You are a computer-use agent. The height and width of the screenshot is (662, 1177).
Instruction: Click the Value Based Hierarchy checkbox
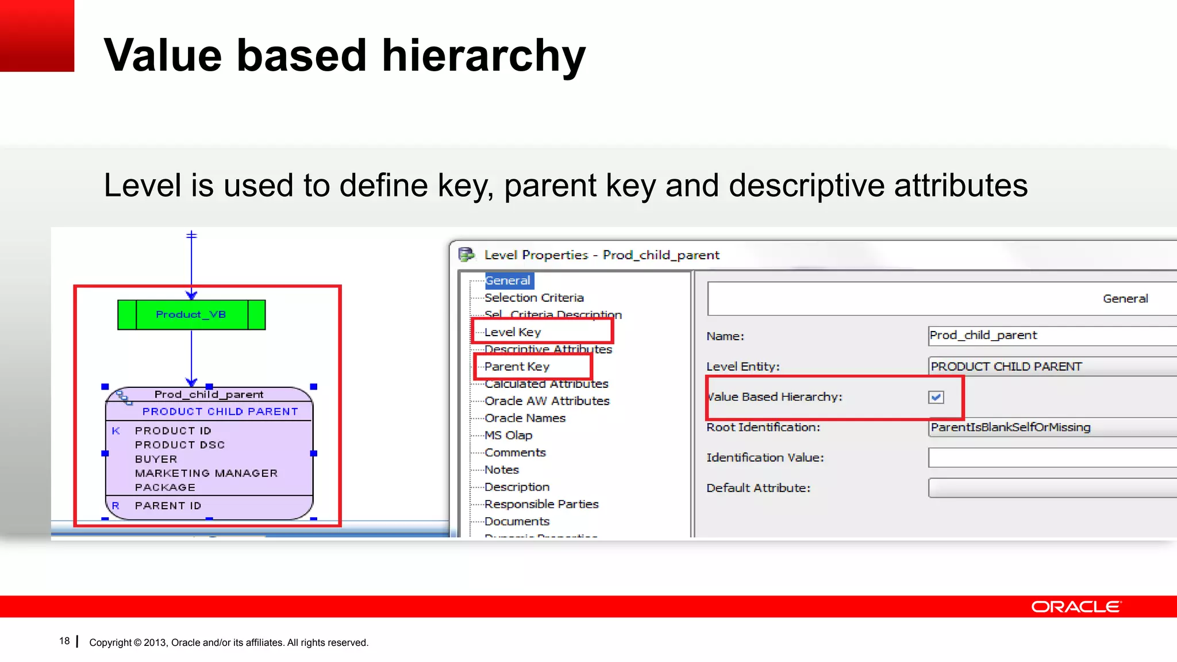936,397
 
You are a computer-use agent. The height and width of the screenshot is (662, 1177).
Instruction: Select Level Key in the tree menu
512,332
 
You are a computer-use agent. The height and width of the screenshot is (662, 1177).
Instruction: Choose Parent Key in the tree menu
517,367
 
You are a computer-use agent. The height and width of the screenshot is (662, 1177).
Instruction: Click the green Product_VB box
191,314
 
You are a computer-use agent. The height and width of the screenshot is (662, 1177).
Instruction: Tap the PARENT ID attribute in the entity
168,506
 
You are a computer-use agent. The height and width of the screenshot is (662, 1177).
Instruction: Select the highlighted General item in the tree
507,280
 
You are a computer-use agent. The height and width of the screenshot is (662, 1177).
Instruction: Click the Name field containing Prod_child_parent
1034,336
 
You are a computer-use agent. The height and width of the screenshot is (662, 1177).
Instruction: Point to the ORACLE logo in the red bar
1075,607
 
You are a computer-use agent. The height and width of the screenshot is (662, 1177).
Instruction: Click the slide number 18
64,641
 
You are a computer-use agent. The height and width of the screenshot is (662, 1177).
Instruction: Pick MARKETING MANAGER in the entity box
206,473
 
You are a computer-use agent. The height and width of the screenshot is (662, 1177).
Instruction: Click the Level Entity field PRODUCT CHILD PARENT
1034,367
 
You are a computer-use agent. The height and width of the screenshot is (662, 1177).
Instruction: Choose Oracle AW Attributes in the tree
547,401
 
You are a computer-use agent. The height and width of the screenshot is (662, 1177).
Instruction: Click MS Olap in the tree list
508,436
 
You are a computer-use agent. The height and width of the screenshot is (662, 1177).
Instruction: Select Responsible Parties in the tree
541,505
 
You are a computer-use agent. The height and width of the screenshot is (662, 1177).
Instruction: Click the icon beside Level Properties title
466,254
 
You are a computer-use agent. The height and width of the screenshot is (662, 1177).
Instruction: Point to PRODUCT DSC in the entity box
179,445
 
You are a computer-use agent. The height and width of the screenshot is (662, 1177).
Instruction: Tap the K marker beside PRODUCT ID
116,430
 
